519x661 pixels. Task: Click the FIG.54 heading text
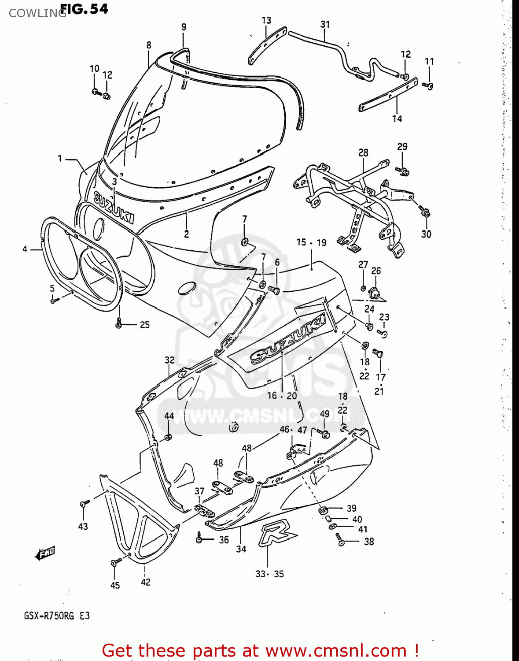pos(84,9)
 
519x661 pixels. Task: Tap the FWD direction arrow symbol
pos(45,553)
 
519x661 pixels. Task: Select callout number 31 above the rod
pos(325,24)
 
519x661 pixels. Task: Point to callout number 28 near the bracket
pos(363,152)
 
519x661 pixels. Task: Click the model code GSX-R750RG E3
pos(57,616)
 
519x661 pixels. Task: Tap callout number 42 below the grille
pos(146,582)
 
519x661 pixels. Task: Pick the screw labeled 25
pos(118,324)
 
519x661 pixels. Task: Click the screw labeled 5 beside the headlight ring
pos(55,301)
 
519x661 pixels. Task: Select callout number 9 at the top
pos(184,27)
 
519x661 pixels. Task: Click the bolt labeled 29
pos(402,171)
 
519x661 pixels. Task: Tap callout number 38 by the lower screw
pos(369,542)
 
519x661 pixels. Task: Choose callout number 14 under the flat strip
pos(397,119)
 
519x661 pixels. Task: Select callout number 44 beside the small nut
pos(169,416)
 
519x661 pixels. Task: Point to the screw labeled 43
pos(84,503)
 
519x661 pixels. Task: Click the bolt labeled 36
pos(199,538)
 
